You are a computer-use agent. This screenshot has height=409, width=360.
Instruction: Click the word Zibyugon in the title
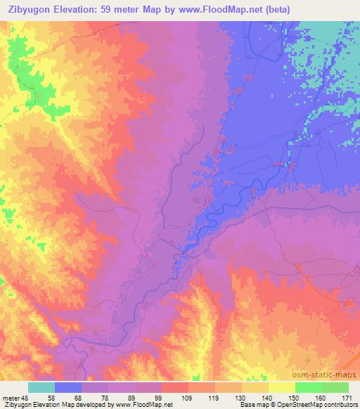click(32, 9)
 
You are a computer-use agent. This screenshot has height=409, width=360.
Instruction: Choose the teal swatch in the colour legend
click(41, 387)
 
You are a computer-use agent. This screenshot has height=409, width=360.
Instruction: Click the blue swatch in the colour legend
click(68, 387)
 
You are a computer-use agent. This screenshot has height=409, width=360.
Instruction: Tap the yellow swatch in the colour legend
click(282, 387)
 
